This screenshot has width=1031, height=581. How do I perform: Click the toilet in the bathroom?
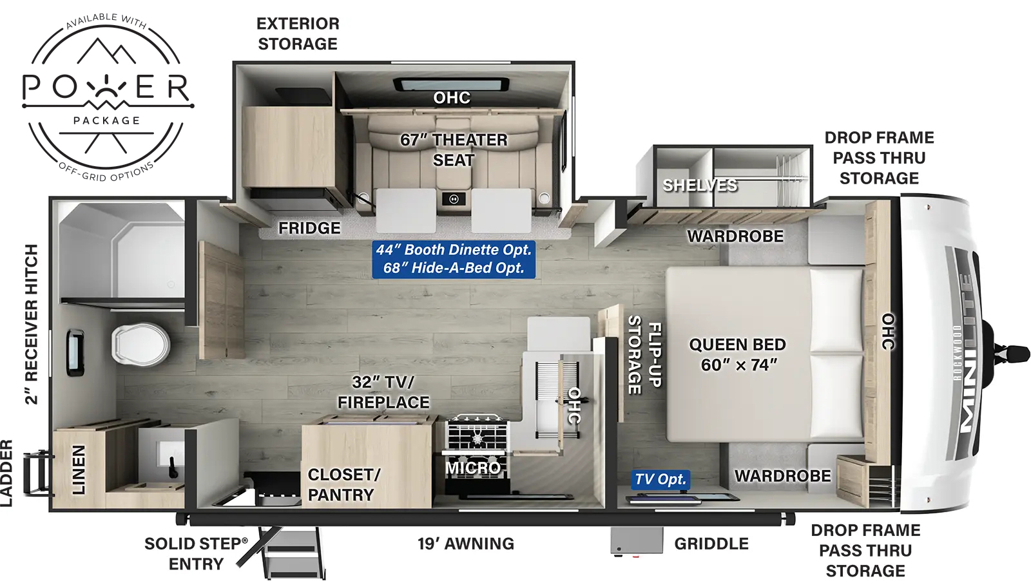point(140,344)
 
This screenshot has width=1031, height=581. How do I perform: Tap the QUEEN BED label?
point(738,355)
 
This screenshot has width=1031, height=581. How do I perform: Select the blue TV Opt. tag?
point(660,479)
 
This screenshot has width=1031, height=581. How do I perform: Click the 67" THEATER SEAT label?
point(454,149)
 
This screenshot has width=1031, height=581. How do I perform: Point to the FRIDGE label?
point(309,228)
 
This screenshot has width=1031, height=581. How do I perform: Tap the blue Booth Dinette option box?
point(454,259)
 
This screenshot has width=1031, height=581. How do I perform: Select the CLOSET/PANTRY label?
point(343,484)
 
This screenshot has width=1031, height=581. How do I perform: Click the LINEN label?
point(79,470)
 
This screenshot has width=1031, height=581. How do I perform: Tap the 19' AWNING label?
point(465,544)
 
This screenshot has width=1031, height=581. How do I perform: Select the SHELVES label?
point(700,186)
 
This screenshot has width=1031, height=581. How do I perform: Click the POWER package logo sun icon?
point(107,86)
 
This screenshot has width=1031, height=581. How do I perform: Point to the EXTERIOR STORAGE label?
point(298,33)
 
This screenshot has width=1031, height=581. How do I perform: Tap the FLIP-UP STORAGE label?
point(644,354)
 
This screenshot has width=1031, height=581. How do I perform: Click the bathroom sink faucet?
point(173,467)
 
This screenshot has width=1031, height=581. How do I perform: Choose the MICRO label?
point(473,468)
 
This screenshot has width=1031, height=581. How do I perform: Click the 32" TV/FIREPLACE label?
point(383,392)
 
